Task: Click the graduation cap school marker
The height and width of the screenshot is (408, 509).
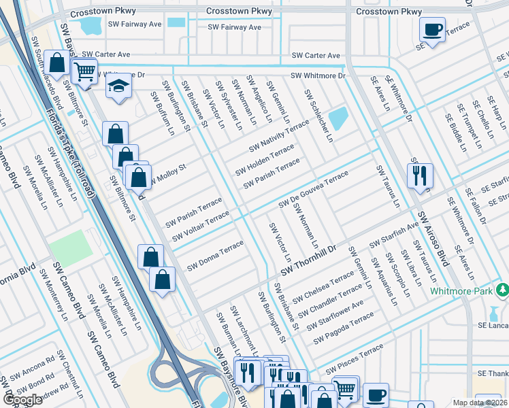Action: [118, 86]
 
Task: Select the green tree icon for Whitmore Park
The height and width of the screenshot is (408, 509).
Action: [502, 290]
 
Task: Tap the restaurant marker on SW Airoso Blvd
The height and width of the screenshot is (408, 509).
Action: [418, 174]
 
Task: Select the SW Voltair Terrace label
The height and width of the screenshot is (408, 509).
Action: [201, 226]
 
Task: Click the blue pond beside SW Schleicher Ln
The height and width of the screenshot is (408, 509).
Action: [338, 119]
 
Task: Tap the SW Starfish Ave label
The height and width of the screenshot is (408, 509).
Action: [394, 235]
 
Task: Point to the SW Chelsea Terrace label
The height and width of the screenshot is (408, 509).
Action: [323, 288]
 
